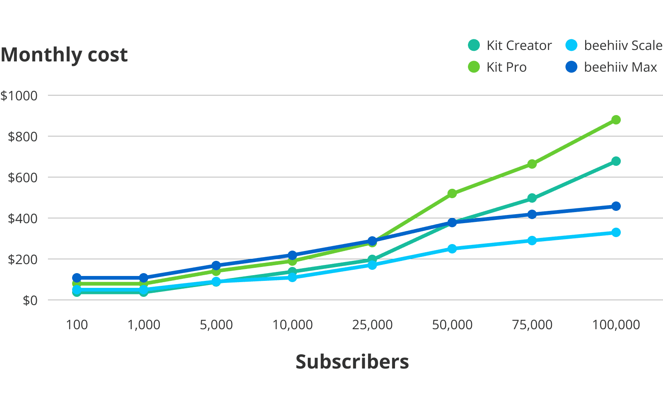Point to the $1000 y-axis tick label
pos(19,96)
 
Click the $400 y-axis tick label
pos(23,219)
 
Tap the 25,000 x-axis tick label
pos(372,325)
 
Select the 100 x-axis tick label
pos(77,325)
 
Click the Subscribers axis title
pos(352,362)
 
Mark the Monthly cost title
pos(64,54)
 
